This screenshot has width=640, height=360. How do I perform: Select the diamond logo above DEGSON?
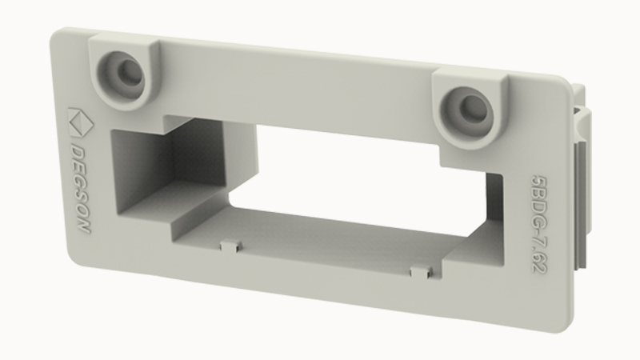pyautogui.click(x=81, y=122)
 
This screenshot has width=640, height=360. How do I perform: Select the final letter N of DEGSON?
pyautogui.click(x=84, y=226)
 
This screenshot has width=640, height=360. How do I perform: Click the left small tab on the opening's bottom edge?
pyautogui.click(x=231, y=246)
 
